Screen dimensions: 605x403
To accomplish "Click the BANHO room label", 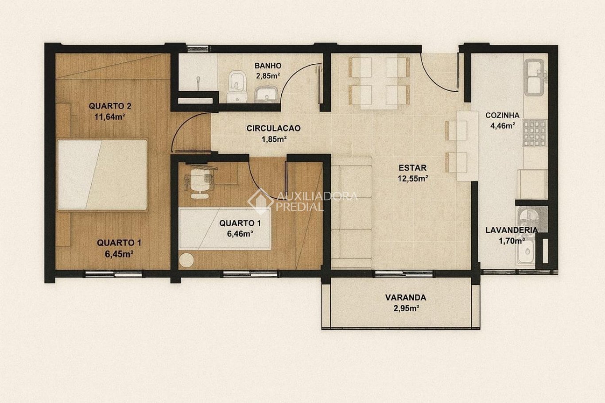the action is click(x=268, y=66).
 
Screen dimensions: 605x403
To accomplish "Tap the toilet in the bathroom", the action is click(x=238, y=86).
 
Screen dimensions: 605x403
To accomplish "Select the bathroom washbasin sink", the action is click(x=265, y=94).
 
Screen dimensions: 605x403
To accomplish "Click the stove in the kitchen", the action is click(x=535, y=133).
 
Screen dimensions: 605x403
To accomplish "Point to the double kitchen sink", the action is click(x=534, y=77).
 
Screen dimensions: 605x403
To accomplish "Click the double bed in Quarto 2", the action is click(x=102, y=175).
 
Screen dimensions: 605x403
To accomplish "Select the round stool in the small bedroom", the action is click(x=186, y=260).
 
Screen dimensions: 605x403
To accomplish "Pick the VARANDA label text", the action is click(x=406, y=298).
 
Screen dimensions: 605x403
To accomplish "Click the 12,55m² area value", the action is click(x=413, y=178).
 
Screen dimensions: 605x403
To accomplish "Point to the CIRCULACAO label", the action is click(x=273, y=128).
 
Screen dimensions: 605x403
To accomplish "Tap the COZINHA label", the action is click(x=502, y=115).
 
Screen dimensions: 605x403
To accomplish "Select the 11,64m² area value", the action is click(x=110, y=117).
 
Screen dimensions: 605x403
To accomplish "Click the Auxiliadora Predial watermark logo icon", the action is click(x=260, y=201).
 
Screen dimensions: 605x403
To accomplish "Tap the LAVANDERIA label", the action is click(x=511, y=230).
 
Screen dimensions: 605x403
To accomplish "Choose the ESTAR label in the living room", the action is click(x=413, y=168).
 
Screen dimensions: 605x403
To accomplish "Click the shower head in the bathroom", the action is click(x=198, y=82).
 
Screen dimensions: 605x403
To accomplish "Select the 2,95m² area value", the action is click(x=406, y=308).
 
